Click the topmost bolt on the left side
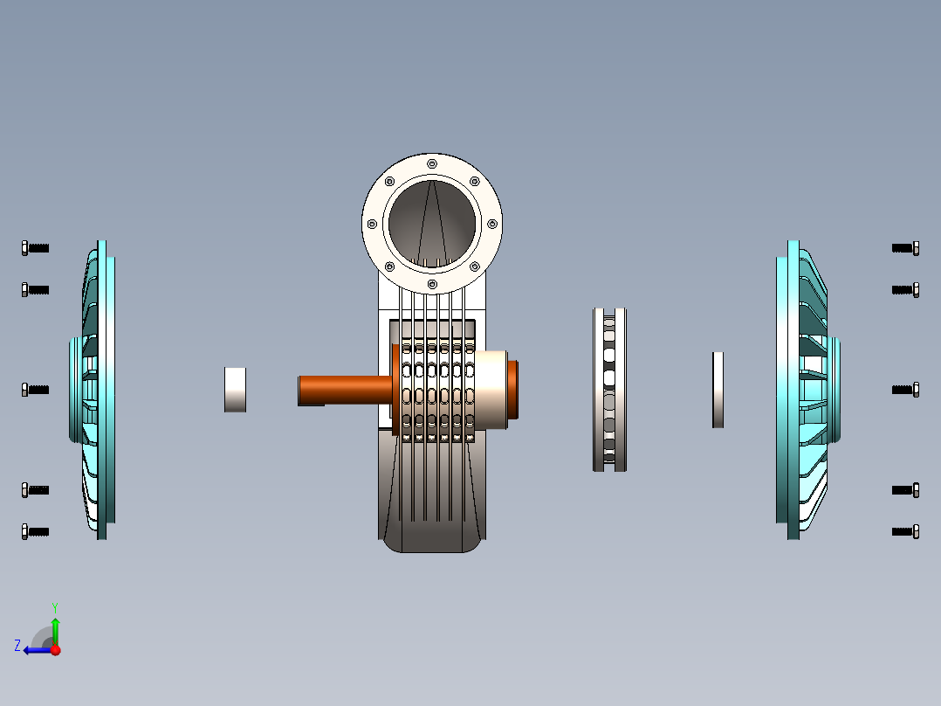35,248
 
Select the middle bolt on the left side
35,390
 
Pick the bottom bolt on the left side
35,531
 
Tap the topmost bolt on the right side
905,248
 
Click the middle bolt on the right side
905,390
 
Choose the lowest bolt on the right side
905,531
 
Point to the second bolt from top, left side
35,289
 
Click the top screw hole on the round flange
431,164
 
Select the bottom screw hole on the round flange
431,284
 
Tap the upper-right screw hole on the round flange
474,182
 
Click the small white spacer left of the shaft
235,389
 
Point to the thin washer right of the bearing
718,390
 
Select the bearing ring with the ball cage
609,390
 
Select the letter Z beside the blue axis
17,646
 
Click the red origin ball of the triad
55,649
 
